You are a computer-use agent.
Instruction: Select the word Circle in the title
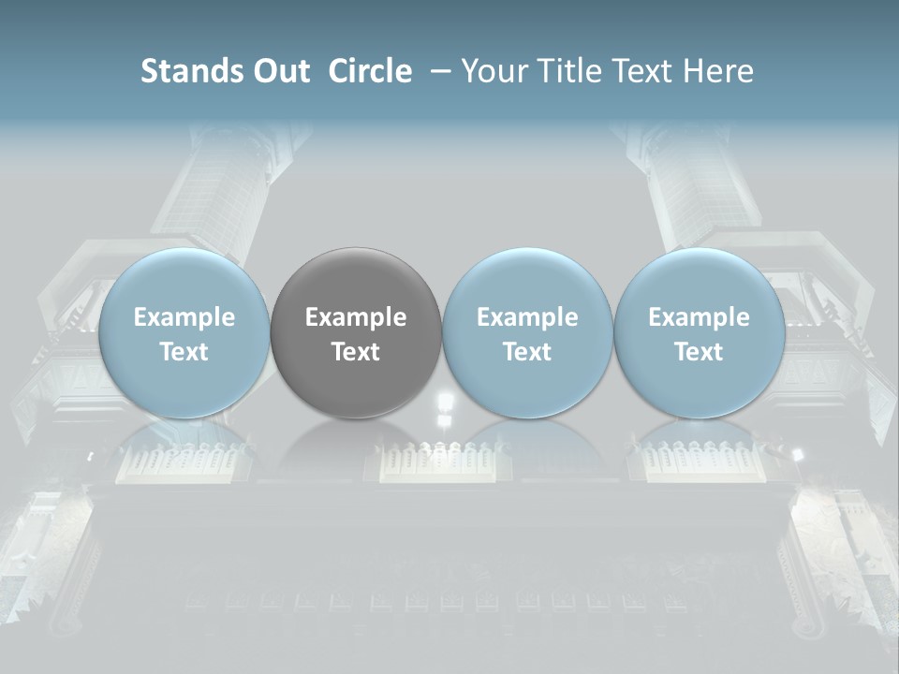click(370, 72)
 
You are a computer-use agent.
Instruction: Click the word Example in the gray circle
click(356, 317)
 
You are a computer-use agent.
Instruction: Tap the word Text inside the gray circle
click(356, 352)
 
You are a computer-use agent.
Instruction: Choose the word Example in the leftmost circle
click(184, 317)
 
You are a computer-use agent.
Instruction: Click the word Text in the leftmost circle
click(184, 352)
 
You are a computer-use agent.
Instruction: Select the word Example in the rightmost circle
click(699, 317)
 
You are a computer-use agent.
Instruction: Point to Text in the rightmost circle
click(699, 352)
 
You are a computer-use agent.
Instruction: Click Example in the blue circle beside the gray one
click(527, 317)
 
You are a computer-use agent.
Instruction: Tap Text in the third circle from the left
click(527, 352)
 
